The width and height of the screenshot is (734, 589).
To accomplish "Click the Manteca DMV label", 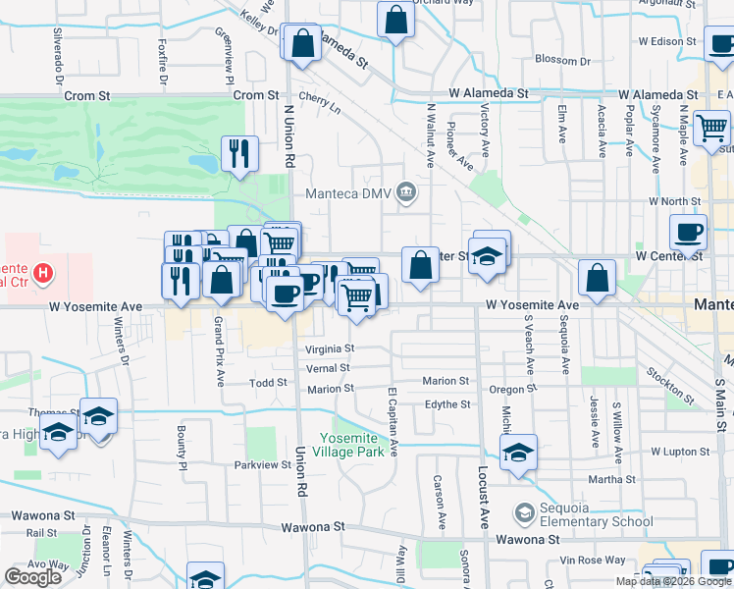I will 350,192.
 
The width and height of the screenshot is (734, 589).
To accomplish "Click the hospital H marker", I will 43,273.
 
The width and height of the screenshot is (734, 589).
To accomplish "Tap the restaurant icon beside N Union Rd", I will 239,153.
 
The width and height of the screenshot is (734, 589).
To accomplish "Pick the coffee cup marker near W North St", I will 688,233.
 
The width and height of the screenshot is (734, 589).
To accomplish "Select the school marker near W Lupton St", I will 518,452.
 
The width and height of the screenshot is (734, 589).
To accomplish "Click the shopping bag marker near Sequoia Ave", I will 597,278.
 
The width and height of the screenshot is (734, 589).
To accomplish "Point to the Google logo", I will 32,577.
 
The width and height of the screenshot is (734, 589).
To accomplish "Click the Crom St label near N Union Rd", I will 257,95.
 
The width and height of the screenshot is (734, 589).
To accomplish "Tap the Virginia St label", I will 329,348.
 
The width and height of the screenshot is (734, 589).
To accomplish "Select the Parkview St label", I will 257,464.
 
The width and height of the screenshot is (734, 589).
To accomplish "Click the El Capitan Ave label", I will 392,420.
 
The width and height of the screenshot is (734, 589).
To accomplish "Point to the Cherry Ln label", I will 319,103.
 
